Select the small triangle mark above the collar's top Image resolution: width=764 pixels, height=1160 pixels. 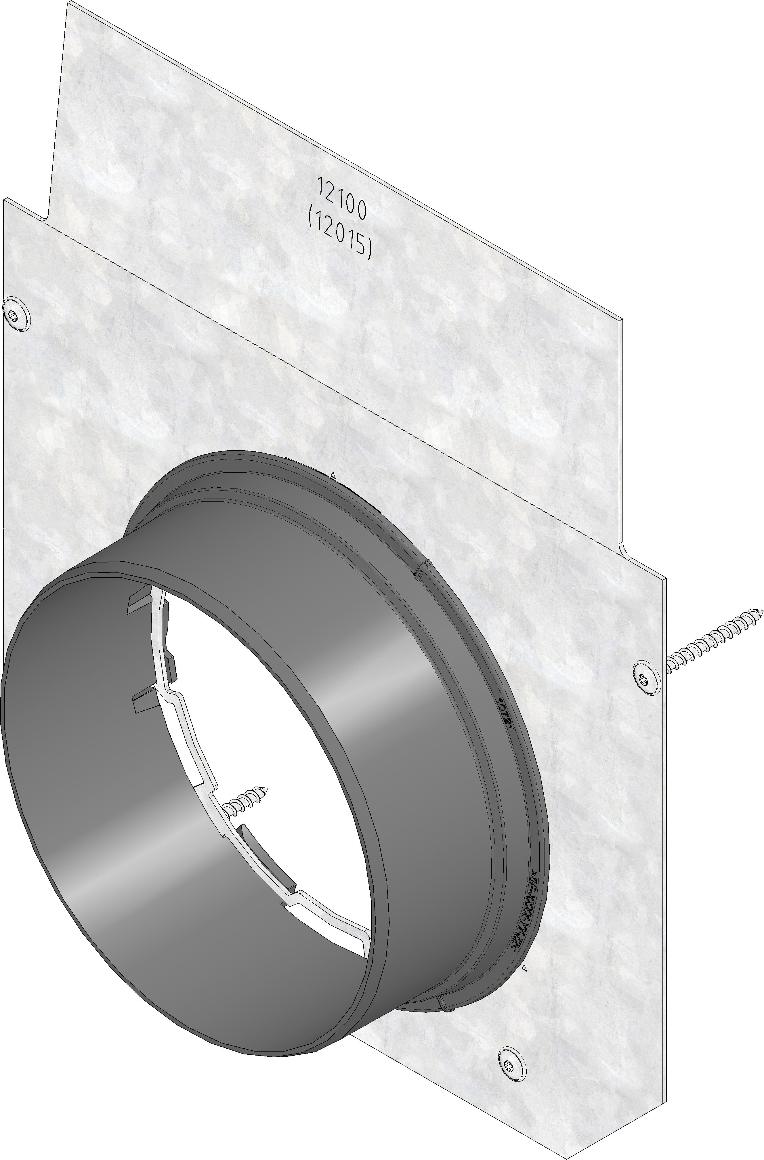333,474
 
